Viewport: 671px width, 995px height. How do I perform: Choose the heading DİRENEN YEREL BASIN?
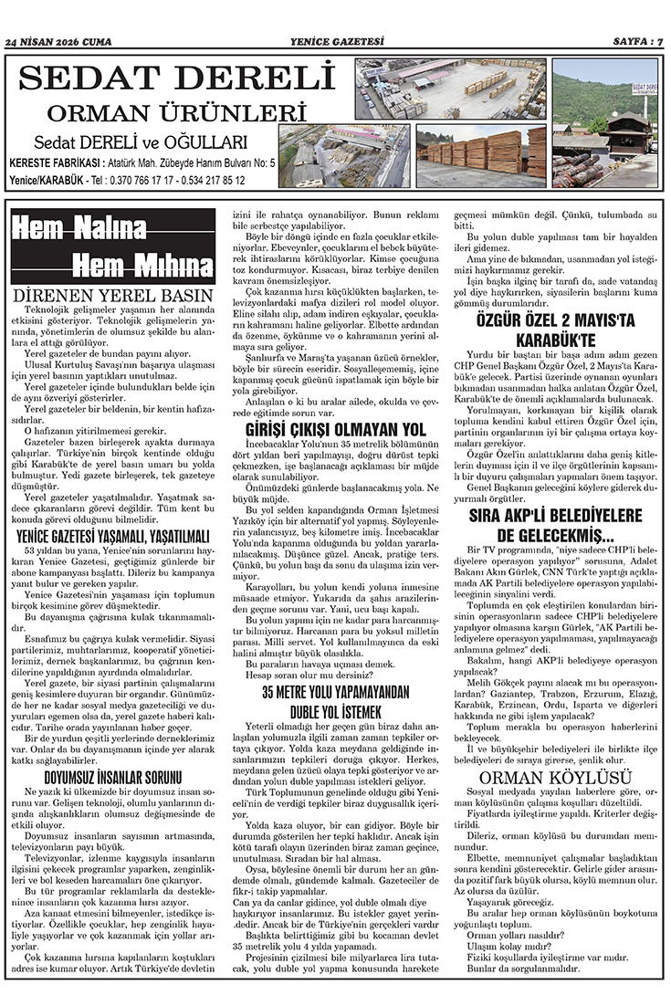click(113, 296)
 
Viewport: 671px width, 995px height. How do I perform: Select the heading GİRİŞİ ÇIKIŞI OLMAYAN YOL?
click(336, 429)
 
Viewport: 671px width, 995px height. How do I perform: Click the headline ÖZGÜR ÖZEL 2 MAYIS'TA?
click(556, 320)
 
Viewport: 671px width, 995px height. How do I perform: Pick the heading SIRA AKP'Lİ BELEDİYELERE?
click(556, 517)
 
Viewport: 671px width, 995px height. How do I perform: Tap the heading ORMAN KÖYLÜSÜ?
click(556, 777)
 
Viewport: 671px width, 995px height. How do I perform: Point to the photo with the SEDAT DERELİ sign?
click(604, 123)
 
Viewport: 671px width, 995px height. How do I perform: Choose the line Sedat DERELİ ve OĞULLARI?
click(141, 142)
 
